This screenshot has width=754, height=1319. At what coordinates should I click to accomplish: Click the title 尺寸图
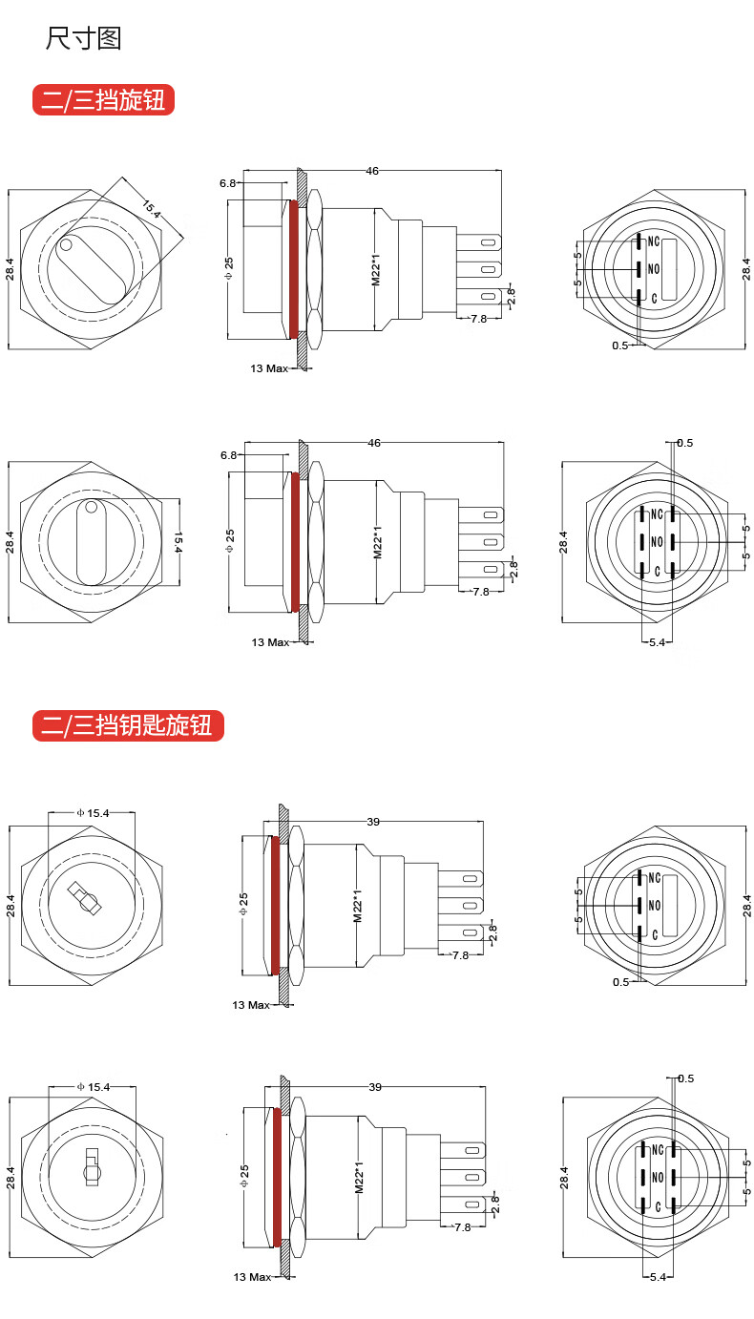pos(84,38)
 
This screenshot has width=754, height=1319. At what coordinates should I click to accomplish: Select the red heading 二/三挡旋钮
pos(103,99)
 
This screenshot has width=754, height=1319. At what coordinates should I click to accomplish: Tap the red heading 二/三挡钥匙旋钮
pos(128,724)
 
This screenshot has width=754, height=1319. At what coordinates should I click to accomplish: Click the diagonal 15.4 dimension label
pos(152,209)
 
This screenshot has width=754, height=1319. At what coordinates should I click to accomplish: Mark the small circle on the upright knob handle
pos(92,507)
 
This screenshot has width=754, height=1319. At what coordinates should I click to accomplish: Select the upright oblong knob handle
pos(92,542)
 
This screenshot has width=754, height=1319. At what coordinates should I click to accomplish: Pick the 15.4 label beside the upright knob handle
pos(178,542)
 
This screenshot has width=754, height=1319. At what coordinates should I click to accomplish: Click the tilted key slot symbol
pos(84,898)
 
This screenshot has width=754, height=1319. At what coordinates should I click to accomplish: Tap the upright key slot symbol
pos(92,1167)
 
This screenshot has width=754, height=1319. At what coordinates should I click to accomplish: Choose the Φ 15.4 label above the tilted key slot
pos(94,813)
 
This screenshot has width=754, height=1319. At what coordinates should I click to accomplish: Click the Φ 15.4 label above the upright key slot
pos(94,1087)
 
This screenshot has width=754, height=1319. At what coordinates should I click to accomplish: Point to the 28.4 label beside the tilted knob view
pos(10,269)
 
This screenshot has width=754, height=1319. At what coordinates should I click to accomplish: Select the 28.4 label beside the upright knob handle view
pos(10,542)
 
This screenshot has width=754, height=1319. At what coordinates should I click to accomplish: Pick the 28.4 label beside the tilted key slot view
pos(10,906)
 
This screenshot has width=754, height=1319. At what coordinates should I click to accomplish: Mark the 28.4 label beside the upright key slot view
pos(10,1178)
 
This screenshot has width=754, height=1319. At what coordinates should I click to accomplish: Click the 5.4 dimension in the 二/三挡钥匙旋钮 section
pos(658,1277)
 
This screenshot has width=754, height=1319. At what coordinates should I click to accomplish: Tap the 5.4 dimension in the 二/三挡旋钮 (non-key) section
pos(657,642)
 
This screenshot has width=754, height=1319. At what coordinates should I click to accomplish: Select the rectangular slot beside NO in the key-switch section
pos(670,906)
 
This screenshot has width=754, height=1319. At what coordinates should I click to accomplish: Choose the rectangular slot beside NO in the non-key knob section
pos(669,270)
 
